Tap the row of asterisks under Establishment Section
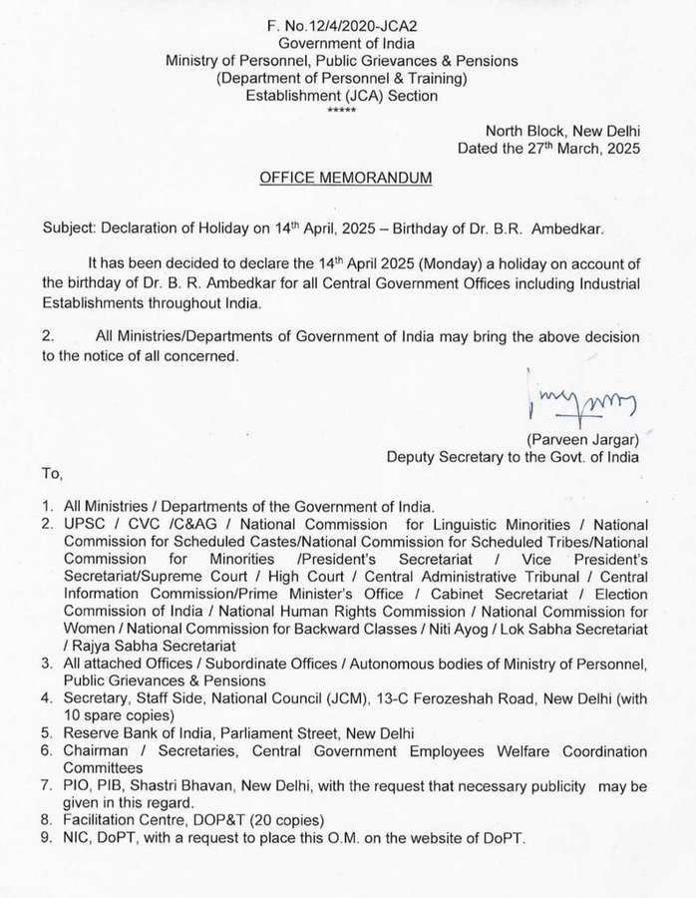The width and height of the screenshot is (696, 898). click(347, 110)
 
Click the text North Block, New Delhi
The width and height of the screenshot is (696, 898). click(562, 131)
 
